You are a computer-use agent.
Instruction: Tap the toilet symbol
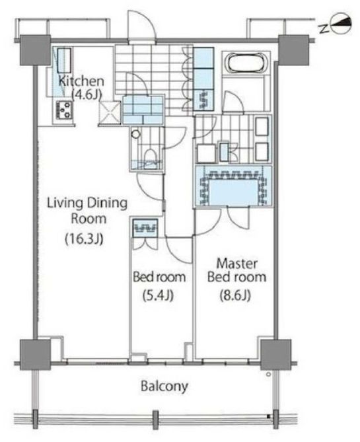point(150,158)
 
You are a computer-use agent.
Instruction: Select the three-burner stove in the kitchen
point(64,110)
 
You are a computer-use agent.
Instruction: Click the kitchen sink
point(64,61)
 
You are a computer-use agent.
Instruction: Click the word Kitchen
point(81,81)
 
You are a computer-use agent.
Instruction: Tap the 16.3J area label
point(85,239)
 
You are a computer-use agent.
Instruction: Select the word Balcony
point(164,387)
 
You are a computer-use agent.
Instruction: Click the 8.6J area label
point(235,296)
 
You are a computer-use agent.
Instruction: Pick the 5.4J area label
point(158,296)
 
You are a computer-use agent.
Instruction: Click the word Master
point(236,264)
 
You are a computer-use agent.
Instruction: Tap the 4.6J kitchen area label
point(87,94)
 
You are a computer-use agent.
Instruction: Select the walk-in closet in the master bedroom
point(234,186)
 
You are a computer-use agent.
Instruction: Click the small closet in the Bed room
point(145,228)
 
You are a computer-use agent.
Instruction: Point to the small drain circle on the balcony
point(268,375)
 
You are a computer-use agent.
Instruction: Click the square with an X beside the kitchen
point(110,112)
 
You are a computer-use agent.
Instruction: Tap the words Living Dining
point(87,203)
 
